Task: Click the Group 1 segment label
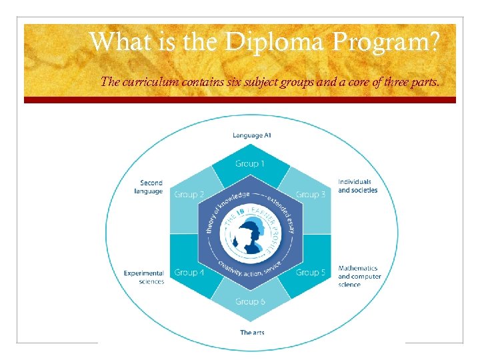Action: pyautogui.click(x=250, y=163)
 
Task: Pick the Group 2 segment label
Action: pyautogui.click(x=189, y=195)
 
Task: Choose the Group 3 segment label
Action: pyautogui.click(x=311, y=195)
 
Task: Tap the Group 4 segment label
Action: pyautogui.click(x=189, y=272)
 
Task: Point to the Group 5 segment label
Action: pyautogui.click(x=311, y=272)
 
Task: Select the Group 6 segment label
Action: pyautogui.click(x=250, y=302)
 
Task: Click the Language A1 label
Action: pyautogui.click(x=251, y=135)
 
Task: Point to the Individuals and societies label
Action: pyautogui.click(x=357, y=186)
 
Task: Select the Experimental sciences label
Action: pyautogui.click(x=144, y=277)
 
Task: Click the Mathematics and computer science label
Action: pyautogui.click(x=359, y=276)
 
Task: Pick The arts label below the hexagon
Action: pyautogui.click(x=252, y=333)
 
